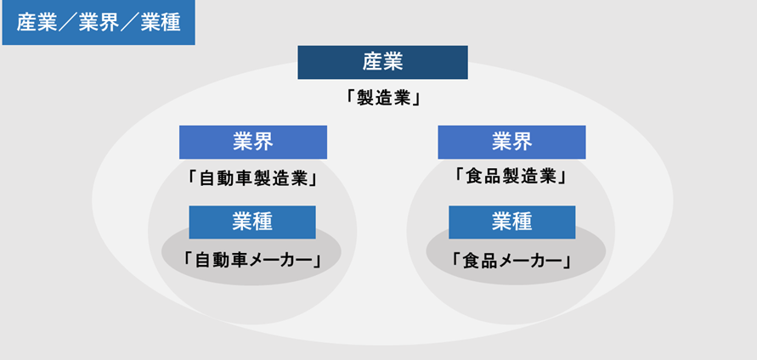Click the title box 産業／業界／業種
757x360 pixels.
(99, 23)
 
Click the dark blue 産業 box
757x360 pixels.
(382, 62)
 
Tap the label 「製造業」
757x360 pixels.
(383, 98)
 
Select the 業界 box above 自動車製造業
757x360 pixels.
(253, 143)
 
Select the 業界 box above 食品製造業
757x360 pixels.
(511, 143)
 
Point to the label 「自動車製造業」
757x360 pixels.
(253, 179)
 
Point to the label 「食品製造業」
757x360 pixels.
(511, 177)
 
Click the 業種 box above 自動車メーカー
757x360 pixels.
(252, 222)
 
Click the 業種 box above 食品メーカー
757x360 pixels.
(511, 222)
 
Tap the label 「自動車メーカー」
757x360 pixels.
(252, 260)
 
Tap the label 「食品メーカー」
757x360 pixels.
(511, 261)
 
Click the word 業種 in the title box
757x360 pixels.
(161, 23)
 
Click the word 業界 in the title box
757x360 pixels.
(99, 23)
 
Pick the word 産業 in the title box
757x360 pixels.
(37, 23)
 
